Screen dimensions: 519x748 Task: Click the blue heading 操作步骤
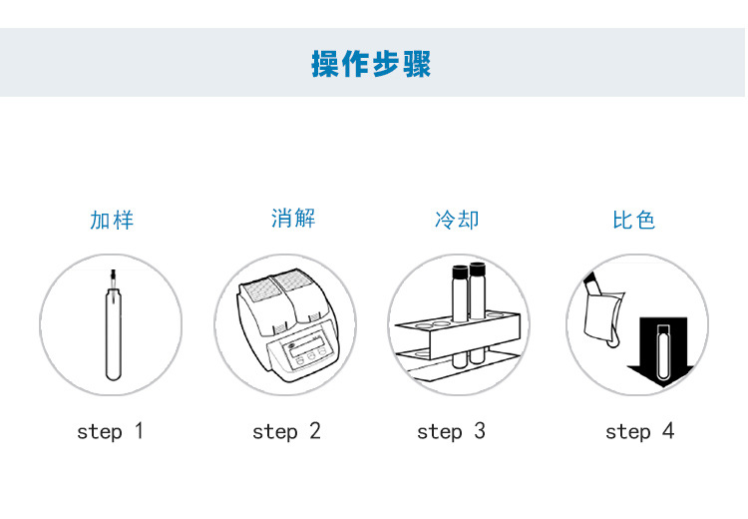pyautogui.click(x=371, y=63)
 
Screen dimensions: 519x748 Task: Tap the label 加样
pyautogui.click(x=111, y=221)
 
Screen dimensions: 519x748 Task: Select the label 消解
pyautogui.click(x=293, y=219)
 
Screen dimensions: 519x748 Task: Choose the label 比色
pyautogui.click(x=633, y=221)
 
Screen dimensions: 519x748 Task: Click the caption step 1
pyautogui.click(x=111, y=431)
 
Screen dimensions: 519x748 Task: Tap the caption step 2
pyautogui.click(x=286, y=431)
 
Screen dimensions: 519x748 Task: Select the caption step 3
pyautogui.click(x=451, y=431)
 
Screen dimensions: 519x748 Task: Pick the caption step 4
pyautogui.click(x=639, y=431)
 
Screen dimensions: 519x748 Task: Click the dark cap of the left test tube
pyautogui.click(x=460, y=270)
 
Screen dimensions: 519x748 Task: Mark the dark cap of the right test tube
pyautogui.click(x=478, y=269)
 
